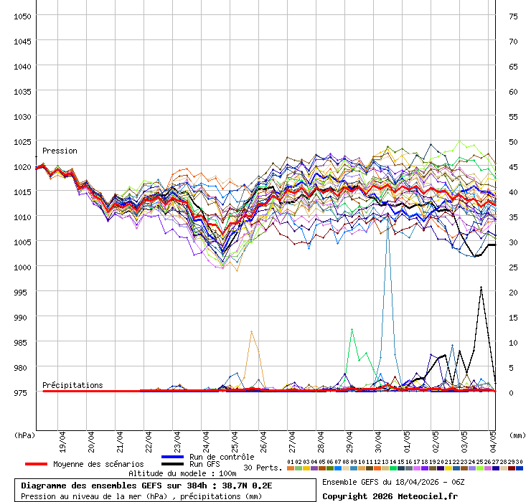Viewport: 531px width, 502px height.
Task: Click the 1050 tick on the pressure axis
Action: tap(22, 16)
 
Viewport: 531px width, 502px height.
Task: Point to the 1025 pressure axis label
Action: tap(22, 141)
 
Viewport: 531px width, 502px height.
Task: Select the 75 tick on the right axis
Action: tap(513, 16)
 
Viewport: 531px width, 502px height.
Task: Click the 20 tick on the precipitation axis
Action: tap(513, 292)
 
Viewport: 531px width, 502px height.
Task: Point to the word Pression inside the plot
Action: tap(60, 151)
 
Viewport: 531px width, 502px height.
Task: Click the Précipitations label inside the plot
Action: tap(72, 385)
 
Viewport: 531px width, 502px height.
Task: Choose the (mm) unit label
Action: tap(517, 435)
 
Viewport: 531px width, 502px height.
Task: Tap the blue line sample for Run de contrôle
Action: tap(173, 457)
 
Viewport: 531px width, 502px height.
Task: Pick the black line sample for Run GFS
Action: tap(173, 465)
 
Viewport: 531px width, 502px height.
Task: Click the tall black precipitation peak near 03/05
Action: tap(481, 288)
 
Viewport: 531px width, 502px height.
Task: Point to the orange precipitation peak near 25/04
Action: tap(251, 331)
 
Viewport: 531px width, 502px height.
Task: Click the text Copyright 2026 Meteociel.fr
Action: tap(390, 496)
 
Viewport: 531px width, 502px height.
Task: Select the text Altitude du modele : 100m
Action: tap(182, 473)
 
